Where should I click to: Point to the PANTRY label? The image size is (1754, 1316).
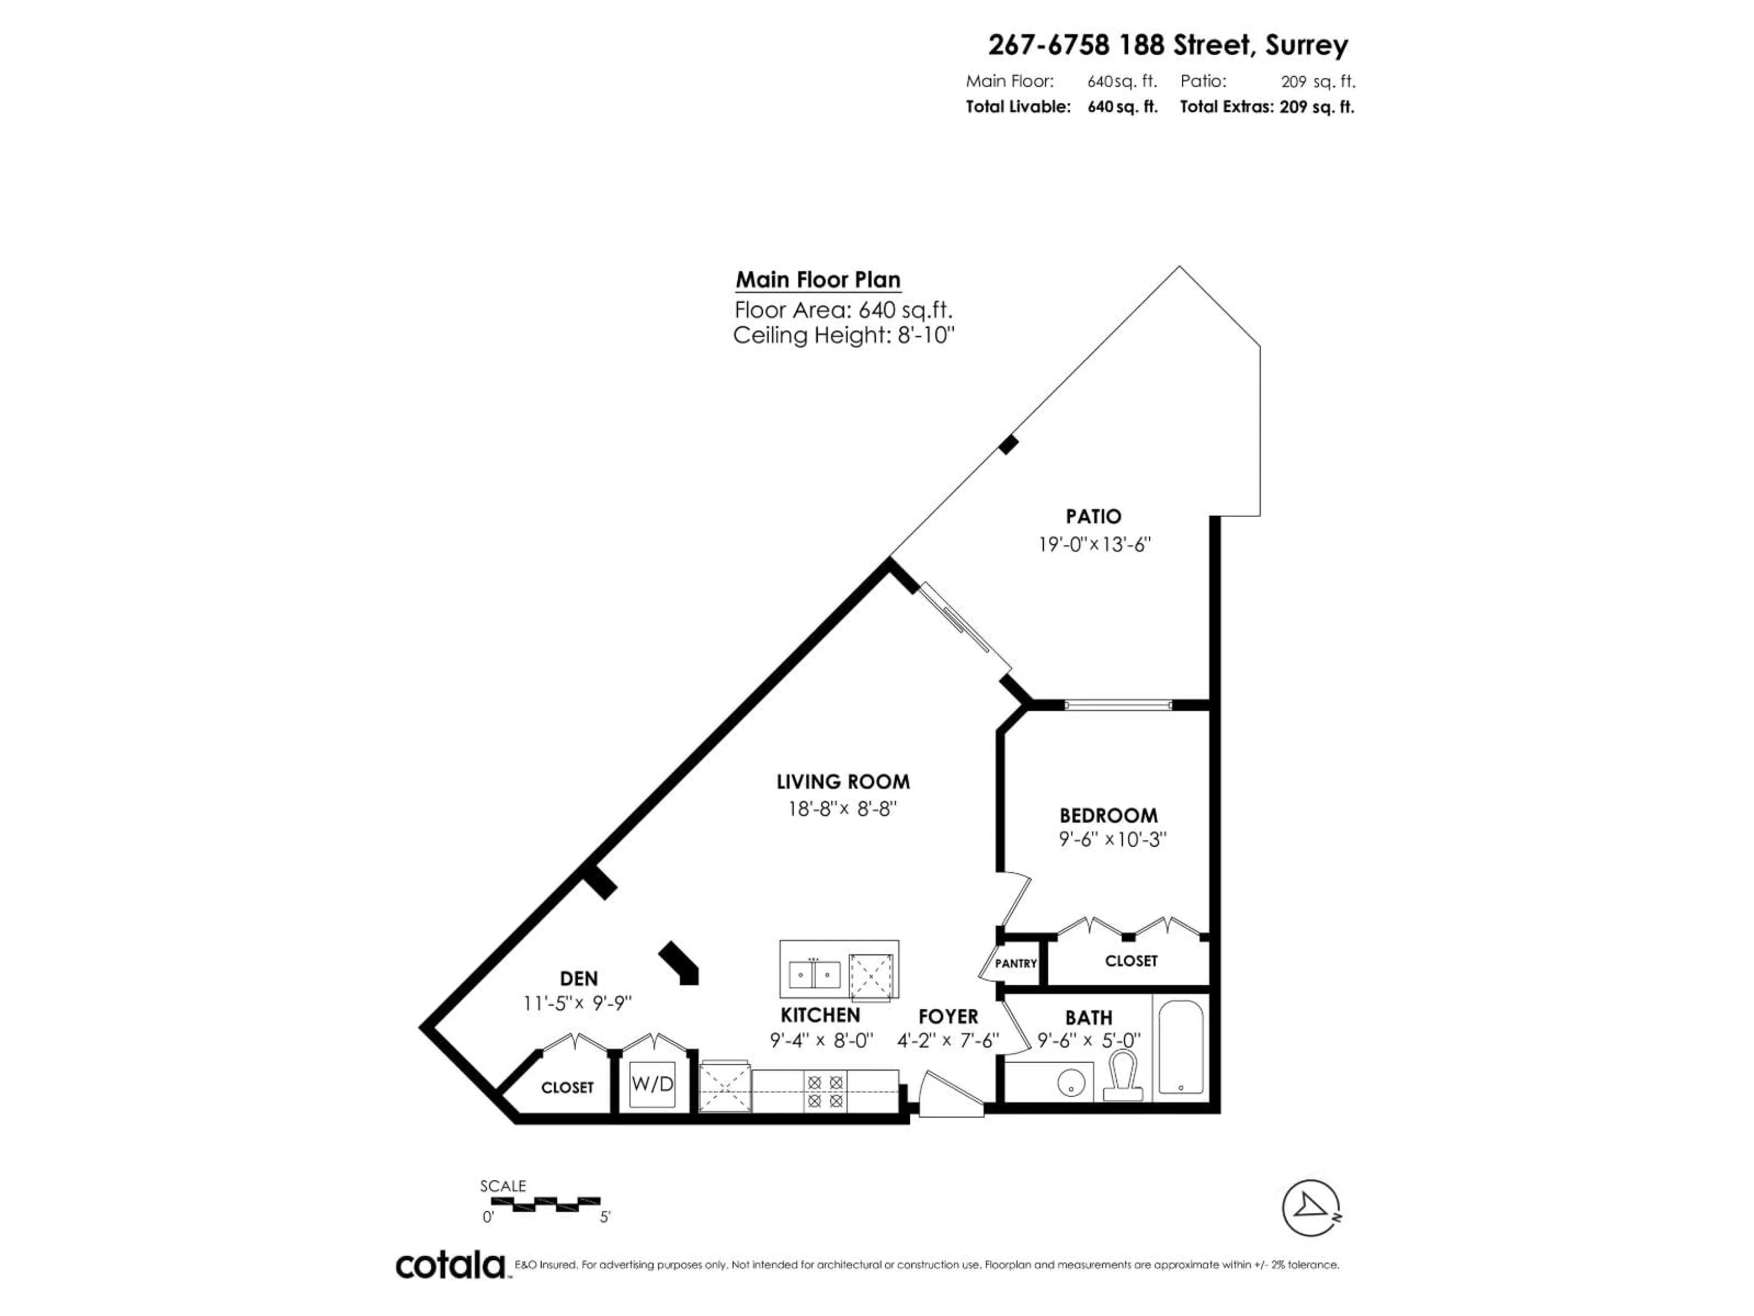click(x=1016, y=963)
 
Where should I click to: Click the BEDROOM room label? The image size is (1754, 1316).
click(x=1109, y=816)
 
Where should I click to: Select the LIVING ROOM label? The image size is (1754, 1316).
click(x=843, y=782)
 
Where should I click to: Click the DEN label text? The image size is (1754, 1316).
click(x=579, y=979)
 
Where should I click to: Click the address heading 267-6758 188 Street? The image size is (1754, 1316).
click(x=1167, y=45)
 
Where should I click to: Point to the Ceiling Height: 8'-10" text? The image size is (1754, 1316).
click(x=843, y=335)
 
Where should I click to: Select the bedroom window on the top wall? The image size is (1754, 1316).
click(x=1118, y=705)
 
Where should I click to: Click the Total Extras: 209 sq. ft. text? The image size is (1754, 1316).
click(x=1266, y=107)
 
